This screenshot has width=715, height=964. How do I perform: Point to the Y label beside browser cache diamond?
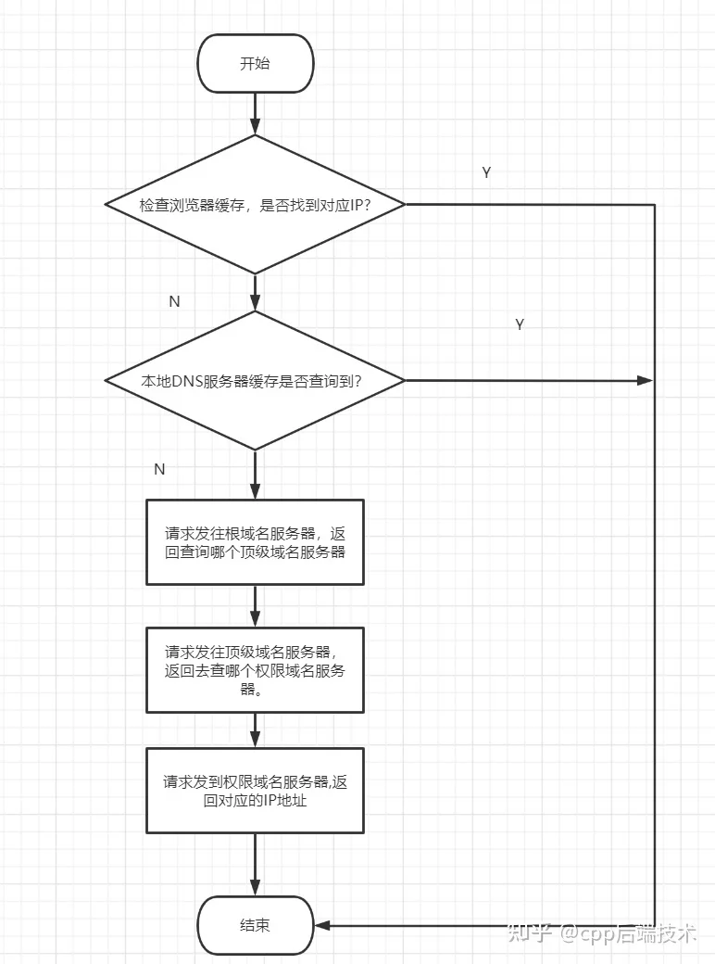486,172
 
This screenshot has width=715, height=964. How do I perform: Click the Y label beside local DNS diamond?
520,324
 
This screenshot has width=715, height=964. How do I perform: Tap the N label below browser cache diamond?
174,301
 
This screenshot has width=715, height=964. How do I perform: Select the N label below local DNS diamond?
159,469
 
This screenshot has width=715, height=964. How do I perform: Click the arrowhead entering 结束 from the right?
322,925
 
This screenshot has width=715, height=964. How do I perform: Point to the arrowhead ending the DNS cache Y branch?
645,381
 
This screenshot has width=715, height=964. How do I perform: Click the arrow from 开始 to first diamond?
255,114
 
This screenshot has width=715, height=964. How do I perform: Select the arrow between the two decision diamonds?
255,293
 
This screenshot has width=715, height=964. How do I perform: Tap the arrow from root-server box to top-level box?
255,606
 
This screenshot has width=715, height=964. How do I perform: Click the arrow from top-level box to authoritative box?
255,730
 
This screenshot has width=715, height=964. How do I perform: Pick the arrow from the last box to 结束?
255,865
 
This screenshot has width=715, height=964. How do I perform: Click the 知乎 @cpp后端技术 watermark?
601,933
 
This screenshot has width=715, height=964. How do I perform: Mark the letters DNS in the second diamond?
186,381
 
